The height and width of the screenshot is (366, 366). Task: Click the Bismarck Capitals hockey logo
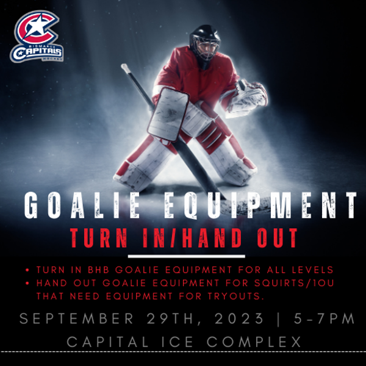click(x=37, y=36)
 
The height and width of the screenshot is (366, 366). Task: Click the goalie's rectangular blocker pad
click(x=168, y=115)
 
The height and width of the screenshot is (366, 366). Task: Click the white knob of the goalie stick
click(x=125, y=67)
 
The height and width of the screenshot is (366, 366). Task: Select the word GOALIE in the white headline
click(x=82, y=206)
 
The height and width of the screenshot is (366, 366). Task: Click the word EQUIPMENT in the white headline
click(x=260, y=206)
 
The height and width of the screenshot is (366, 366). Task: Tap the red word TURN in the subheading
click(x=99, y=238)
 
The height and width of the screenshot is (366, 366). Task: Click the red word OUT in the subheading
click(x=277, y=238)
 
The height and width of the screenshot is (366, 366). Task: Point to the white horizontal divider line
click(x=187, y=256)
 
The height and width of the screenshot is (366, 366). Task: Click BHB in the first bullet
click(x=98, y=270)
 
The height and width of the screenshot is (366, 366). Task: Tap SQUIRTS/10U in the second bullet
click(x=294, y=283)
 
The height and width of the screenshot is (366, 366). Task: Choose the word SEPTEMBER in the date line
click(x=76, y=318)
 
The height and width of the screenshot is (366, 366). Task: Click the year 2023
click(x=239, y=318)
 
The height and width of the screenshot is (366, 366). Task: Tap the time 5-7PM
click(x=324, y=318)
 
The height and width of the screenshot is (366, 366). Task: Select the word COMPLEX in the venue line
click(x=254, y=342)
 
